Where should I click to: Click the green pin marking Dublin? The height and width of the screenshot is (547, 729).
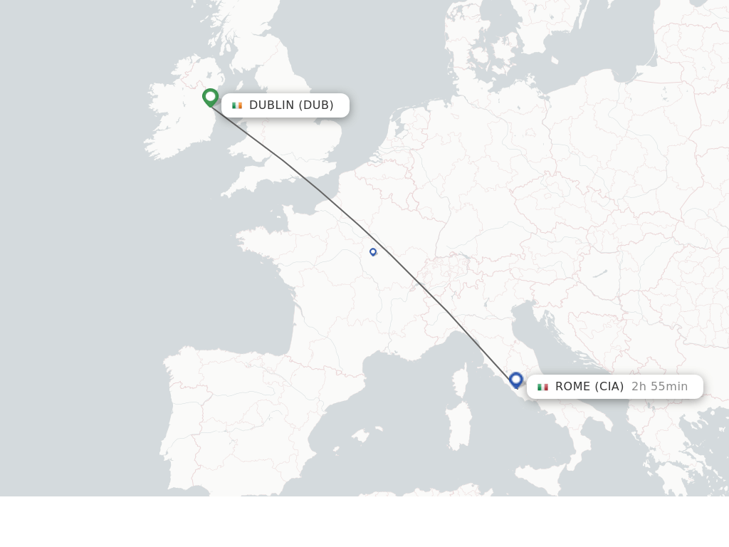pos(210,97)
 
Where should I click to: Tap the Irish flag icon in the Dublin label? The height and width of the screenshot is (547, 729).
pos(237,105)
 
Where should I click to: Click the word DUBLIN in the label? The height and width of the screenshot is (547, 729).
pos(271,105)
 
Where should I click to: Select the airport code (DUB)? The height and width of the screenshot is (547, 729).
pos(315,105)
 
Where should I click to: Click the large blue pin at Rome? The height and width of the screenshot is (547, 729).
pos(516,380)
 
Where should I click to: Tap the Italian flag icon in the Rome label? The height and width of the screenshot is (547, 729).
pos(542,387)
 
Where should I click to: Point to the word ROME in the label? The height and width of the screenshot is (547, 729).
pos(572,387)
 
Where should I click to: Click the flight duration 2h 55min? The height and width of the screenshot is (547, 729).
pos(659,387)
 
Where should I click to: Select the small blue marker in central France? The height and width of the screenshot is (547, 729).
pos(372,251)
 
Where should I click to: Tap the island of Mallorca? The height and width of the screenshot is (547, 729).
pos(362,435)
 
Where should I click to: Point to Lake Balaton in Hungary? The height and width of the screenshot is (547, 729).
pos(600,272)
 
